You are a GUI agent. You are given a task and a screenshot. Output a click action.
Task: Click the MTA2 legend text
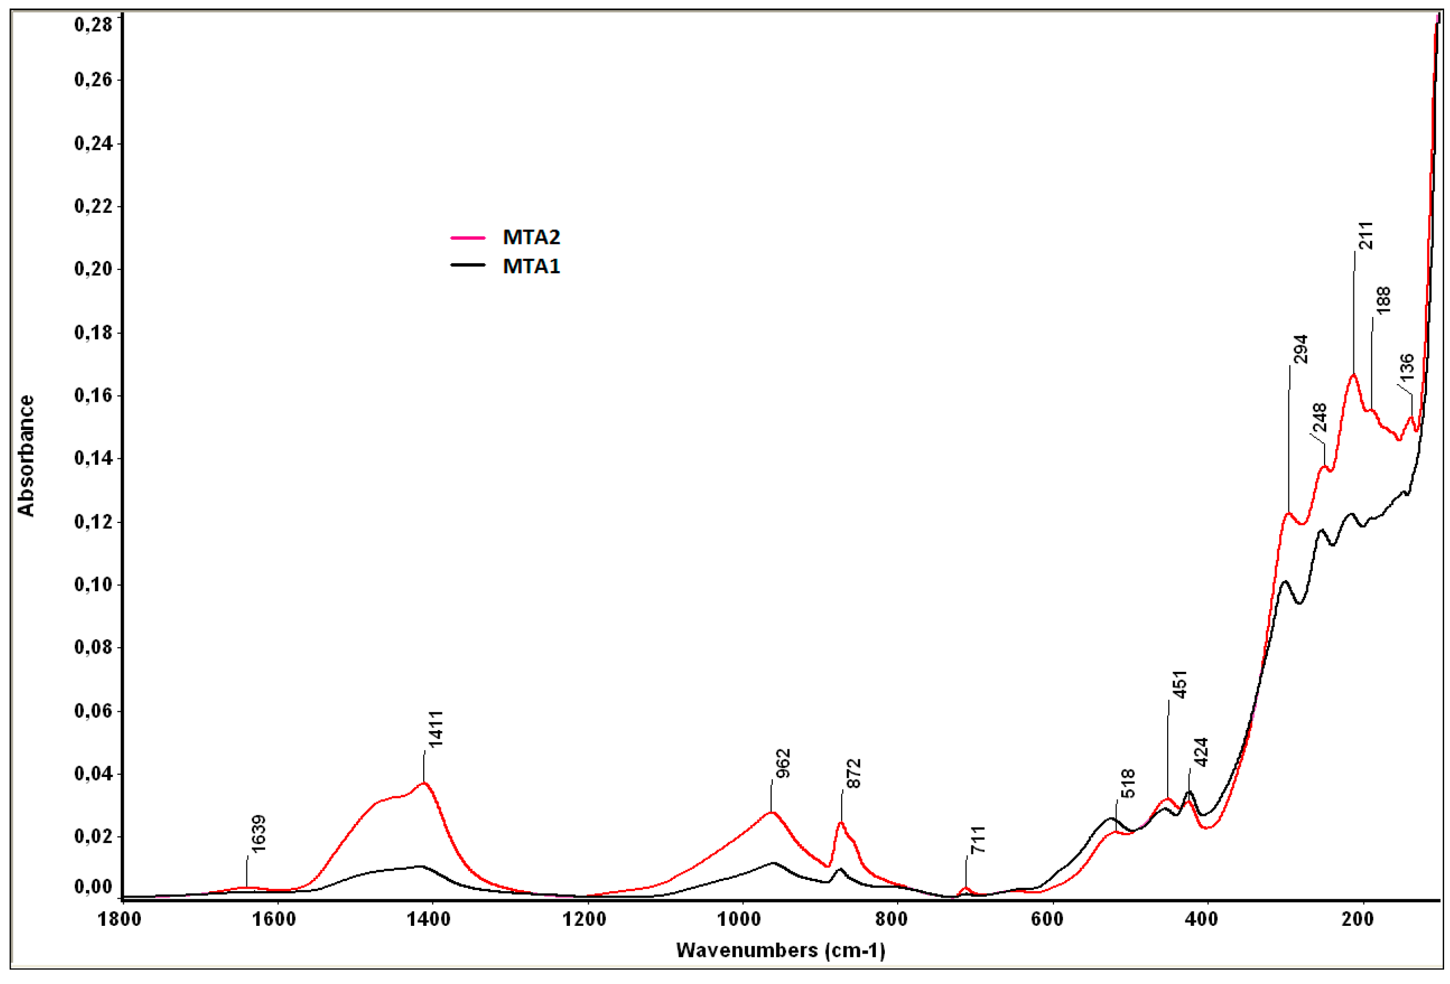tap(531, 237)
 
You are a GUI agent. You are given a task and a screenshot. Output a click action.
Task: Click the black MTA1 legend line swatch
tap(468, 265)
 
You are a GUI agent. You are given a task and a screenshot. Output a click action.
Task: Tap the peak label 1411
tap(435, 728)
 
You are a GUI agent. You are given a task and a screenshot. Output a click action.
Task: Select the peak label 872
tap(853, 773)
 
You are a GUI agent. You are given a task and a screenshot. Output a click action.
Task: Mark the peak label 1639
tap(258, 833)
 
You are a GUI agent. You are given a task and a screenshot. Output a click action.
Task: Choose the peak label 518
tap(1128, 784)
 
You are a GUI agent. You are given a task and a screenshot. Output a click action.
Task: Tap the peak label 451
tap(1179, 685)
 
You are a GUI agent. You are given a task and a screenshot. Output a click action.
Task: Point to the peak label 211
tap(1366, 235)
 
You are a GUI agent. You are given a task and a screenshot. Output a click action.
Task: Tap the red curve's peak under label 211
tap(1353, 375)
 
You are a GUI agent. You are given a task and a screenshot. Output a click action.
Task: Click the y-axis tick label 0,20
tap(93, 269)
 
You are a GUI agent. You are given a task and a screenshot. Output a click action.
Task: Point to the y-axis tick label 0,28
tap(93, 25)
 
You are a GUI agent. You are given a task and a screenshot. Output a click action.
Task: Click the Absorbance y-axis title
tap(26, 456)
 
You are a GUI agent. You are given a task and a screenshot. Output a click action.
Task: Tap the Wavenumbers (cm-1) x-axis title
tap(781, 950)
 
